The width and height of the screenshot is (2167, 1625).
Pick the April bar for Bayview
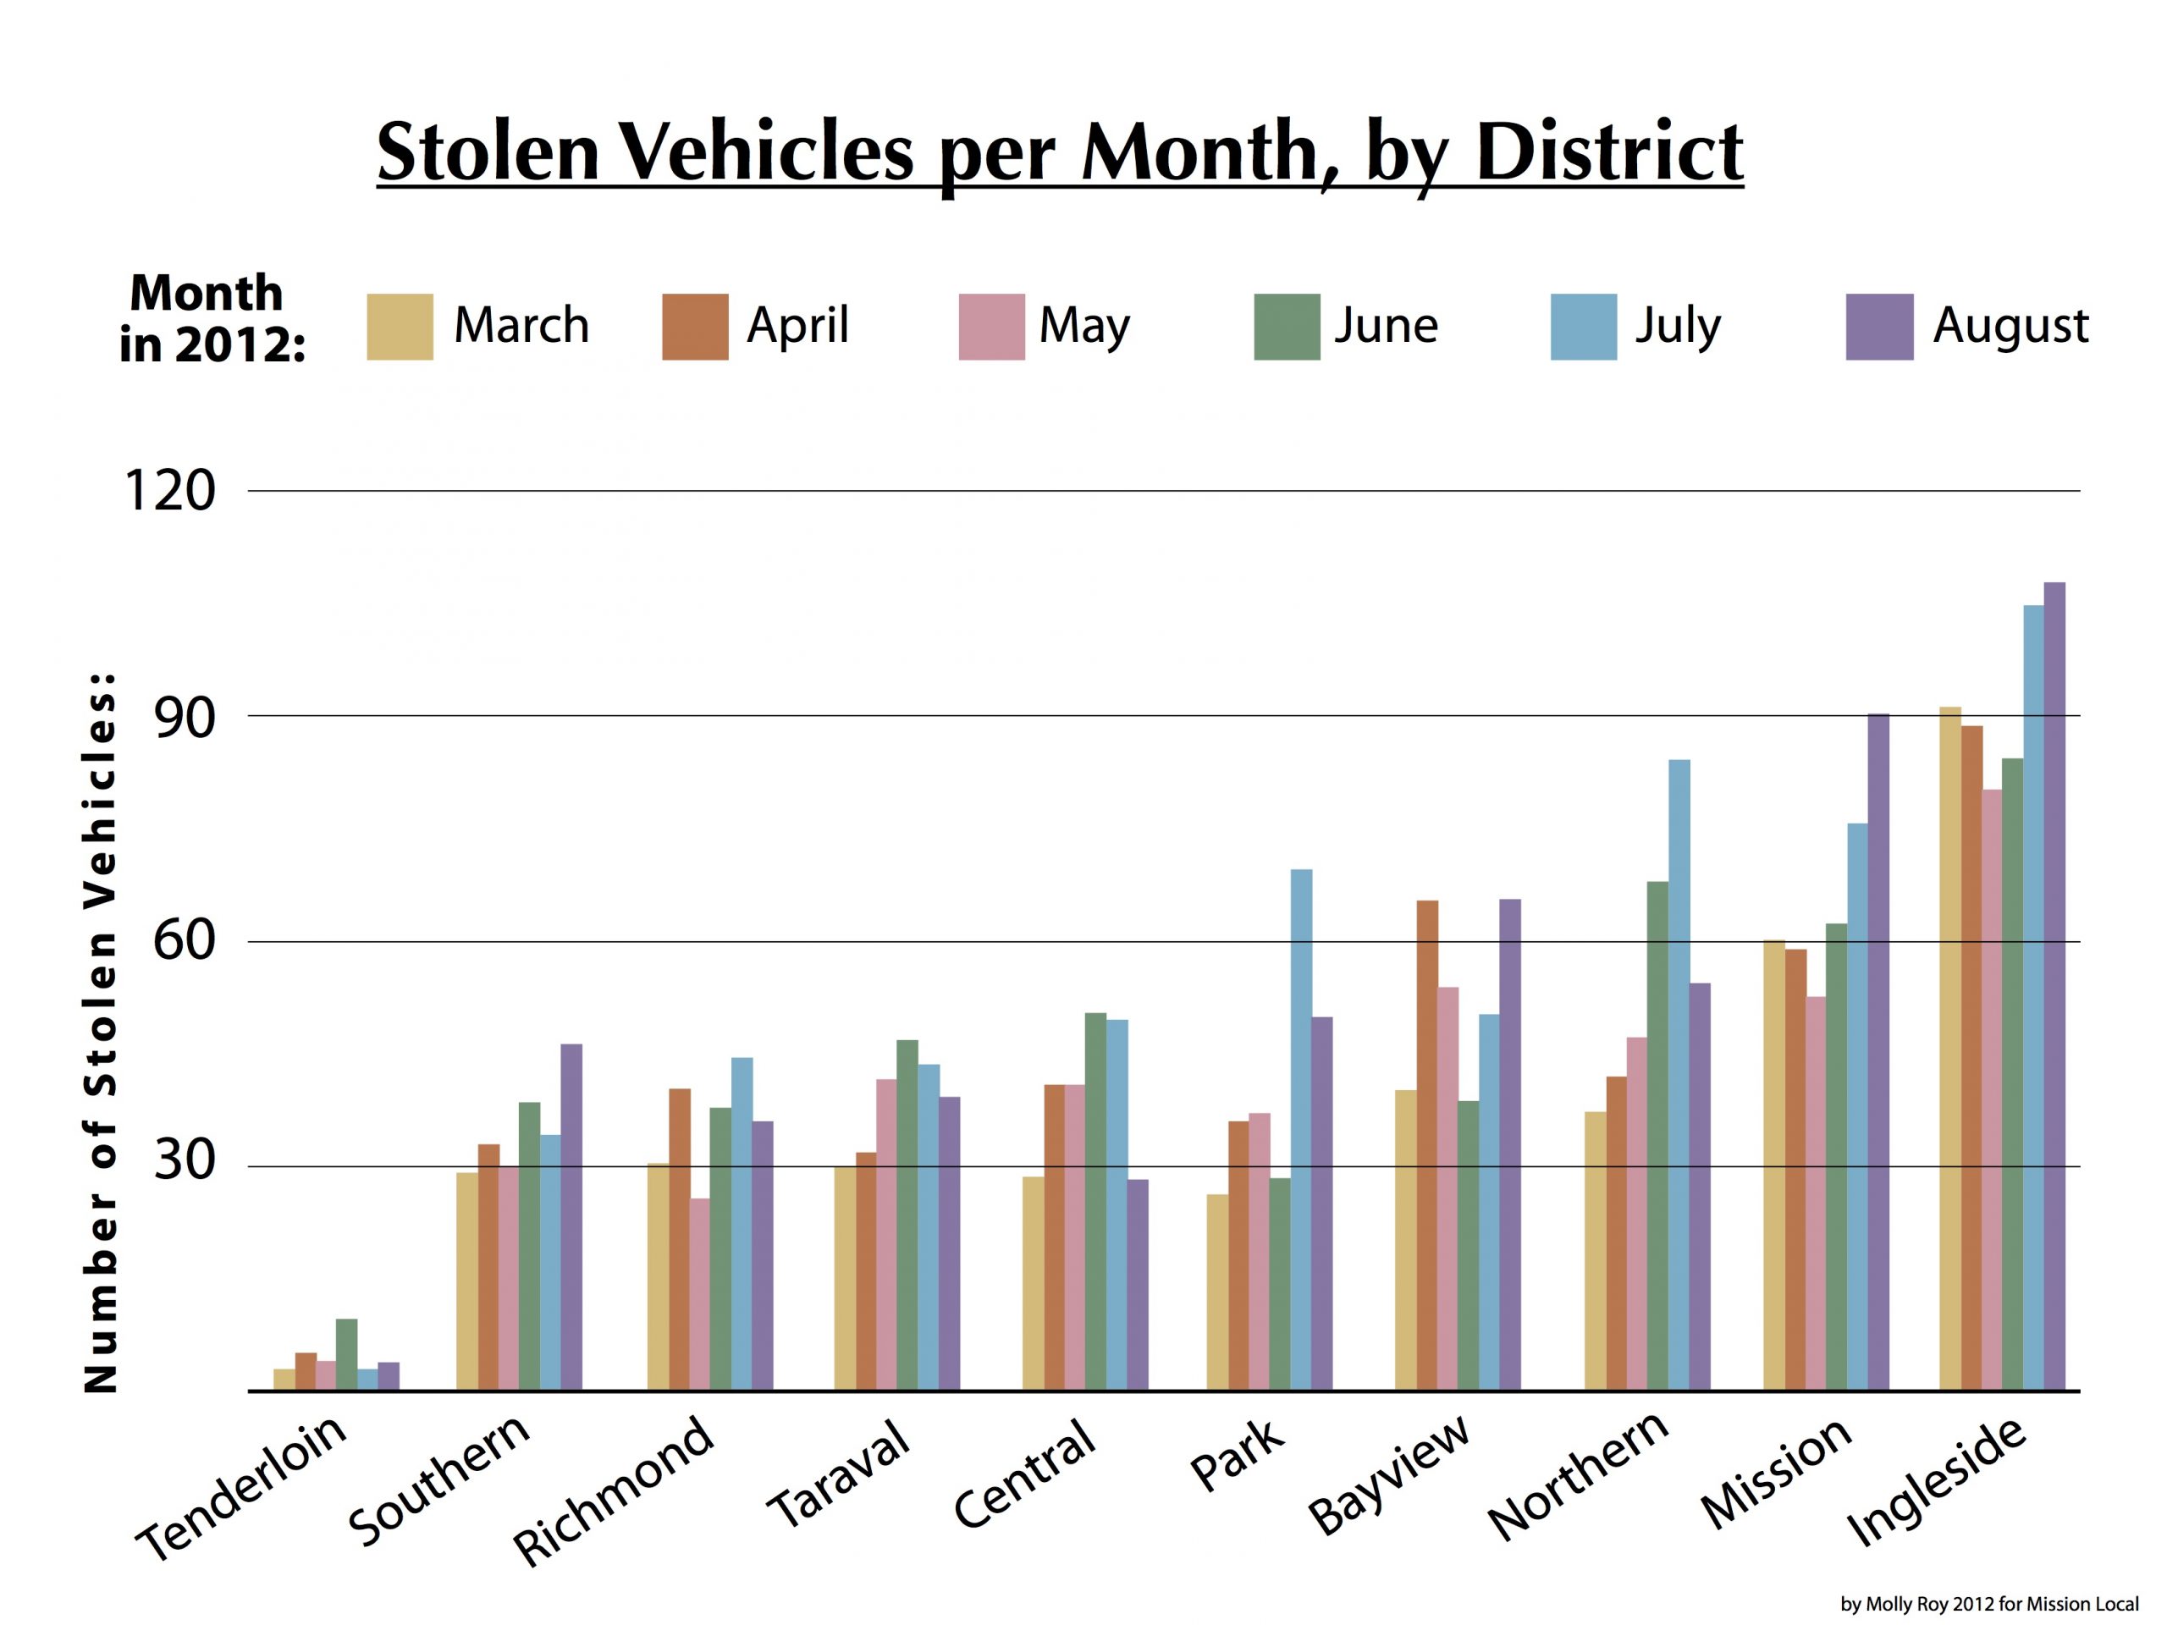(x=1427, y=1145)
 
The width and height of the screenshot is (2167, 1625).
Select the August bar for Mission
(x=1878, y=1052)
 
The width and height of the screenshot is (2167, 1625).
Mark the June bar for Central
(x=1095, y=1202)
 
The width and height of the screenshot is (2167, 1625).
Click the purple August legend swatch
(x=1879, y=328)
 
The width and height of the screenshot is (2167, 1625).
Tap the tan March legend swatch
(x=400, y=328)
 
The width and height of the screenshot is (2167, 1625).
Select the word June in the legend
(x=1387, y=325)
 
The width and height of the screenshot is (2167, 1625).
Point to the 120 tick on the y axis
(x=169, y=491)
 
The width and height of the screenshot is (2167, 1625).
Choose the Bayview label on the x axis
(x=1389, y=1475)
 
